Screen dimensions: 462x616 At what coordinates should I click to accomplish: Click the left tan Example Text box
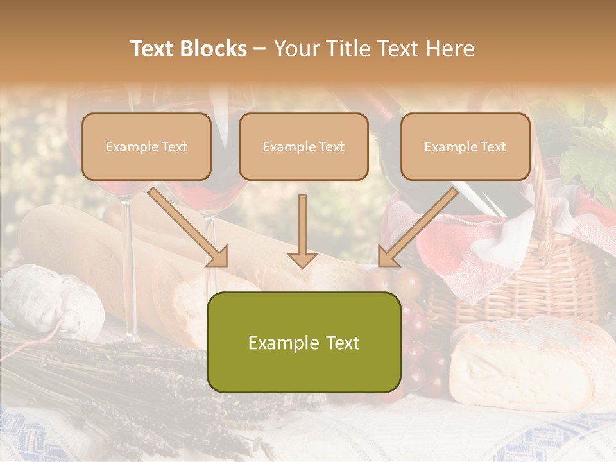[x=146, y=146]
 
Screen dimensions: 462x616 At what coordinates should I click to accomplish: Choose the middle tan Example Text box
[x=304, y=146]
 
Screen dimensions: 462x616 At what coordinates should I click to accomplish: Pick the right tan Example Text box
[x=465, y=146]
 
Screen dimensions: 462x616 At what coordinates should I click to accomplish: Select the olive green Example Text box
[x=304, y=342]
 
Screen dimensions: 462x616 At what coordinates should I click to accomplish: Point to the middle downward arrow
[x=303, y=232]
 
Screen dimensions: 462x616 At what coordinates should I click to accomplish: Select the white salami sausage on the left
[x=51, y=298]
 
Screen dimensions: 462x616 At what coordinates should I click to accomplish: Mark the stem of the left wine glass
[x=130, y=269]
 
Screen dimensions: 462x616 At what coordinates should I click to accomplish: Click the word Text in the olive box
[x=339, y=343]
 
